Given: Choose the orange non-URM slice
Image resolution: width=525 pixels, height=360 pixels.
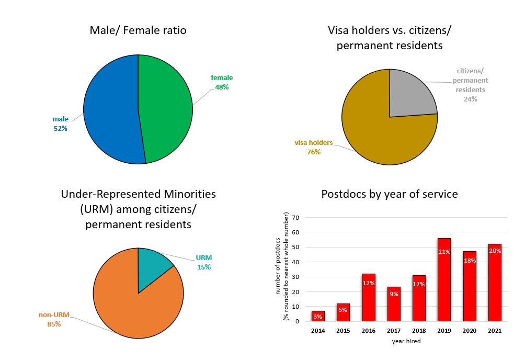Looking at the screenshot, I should click(131, 309).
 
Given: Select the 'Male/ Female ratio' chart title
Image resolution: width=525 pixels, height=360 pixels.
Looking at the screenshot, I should click(138, 30).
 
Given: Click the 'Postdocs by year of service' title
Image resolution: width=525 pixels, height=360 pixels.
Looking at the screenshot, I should click(390, 194).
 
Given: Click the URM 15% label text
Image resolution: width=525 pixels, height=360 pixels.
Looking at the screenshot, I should click(204, 263).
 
